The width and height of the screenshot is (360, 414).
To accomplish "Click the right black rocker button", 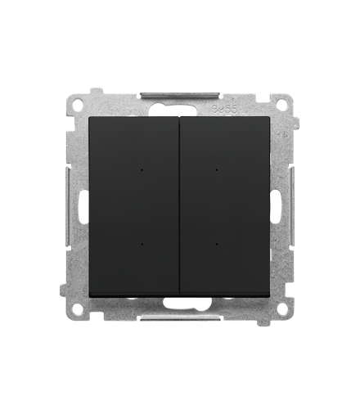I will [x=226, y=205].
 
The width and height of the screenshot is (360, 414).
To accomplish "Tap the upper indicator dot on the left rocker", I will [x=143, y=171].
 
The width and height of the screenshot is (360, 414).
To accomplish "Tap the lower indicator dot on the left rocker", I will [x=143, y=242].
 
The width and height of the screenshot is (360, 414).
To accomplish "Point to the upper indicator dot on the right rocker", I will [x=216, y=171].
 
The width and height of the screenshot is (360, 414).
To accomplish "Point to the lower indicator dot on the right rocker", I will [x=216, y=242].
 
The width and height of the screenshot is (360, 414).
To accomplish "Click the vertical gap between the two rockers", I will [x=180, y=205].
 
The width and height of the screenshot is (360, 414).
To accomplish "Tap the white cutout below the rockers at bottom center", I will [x=180, y=302].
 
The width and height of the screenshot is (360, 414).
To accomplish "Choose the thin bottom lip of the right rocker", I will [x=226, y=292].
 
